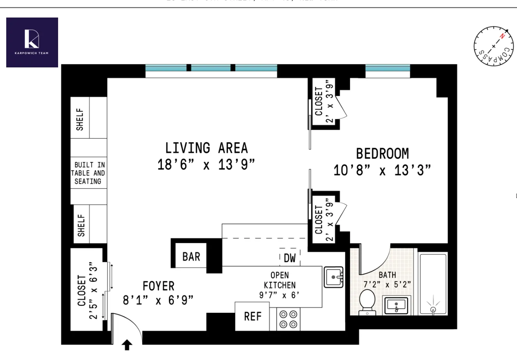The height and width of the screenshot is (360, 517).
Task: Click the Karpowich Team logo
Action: point(32,42)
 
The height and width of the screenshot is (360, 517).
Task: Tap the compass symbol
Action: point(494,46)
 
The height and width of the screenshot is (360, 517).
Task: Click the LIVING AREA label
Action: point(206,148)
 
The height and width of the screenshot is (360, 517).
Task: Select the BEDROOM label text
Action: point(382,154)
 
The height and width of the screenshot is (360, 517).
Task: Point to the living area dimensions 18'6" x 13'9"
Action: point(206,164)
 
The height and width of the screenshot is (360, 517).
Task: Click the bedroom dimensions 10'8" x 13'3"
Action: point(382,170)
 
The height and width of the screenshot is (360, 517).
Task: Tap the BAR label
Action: point(191,257)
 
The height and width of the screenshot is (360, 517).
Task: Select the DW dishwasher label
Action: point(290,258)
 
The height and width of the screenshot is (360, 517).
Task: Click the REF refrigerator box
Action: point(252,316)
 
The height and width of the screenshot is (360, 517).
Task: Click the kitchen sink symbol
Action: point(333,277)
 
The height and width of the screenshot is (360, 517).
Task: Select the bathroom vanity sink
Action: point(396,305)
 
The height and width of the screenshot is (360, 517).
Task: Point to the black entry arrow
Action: point(127,345)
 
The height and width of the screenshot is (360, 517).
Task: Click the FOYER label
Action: point(158,286)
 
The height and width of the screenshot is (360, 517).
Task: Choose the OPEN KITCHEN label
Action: point(280,280)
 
